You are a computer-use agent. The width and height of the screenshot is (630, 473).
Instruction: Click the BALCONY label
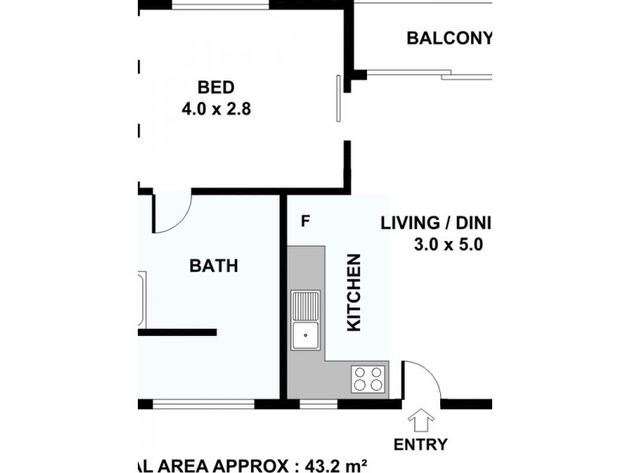tap(449, 38)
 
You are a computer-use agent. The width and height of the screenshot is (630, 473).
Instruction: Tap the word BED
tap(216, 88)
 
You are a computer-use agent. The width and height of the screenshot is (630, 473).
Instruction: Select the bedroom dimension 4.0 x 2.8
tap(216, 109)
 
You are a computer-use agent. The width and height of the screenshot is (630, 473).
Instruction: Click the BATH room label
tap(213, 266)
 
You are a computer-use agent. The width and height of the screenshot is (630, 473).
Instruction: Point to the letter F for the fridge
tap(306, 221)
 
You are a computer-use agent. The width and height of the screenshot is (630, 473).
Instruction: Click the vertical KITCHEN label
tap(354, 292)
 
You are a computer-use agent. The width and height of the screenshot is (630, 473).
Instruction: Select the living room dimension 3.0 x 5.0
tap(448, 244)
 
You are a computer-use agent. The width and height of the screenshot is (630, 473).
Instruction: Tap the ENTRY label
tap(421, 445)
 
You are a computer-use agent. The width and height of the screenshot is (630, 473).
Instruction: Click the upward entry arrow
tap(421, 420)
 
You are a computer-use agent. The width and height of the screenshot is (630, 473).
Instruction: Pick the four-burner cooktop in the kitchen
tap(368, 379)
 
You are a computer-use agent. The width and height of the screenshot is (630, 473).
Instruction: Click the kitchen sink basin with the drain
tap(306, 336)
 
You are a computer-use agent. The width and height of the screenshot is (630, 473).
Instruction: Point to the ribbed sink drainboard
tap(306, 306)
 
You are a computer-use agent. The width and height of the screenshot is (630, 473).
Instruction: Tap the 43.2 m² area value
tap(335, 465)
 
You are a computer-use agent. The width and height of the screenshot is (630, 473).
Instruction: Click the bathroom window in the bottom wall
tap(203, 404)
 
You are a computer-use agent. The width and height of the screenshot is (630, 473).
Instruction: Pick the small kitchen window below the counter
tap(319, 404)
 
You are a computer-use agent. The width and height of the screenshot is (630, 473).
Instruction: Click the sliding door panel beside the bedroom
tap(339, 98)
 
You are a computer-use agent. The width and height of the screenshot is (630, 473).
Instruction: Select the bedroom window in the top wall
tap(220, 5)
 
